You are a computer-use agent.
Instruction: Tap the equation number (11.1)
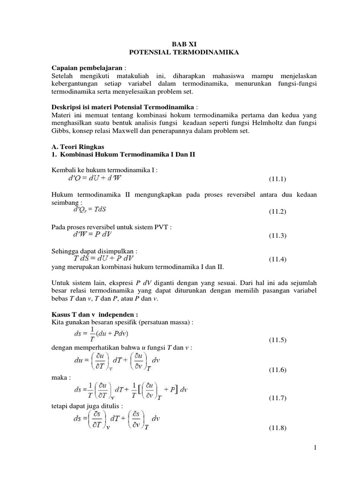(x=277, y=179)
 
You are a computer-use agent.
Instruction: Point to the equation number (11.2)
(x=277, y=212)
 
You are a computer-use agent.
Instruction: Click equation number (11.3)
(x=277, y=236)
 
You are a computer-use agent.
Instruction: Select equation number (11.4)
(x=277, y=259)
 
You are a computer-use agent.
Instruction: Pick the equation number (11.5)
(x=277, y=339)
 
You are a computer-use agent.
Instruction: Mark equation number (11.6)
(x=277, y=370)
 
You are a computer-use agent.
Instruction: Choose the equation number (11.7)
(x=277, y=398)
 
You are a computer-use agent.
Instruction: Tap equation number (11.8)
(x=277, y=428)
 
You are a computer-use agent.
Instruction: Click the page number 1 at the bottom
(x=315, y=449)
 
